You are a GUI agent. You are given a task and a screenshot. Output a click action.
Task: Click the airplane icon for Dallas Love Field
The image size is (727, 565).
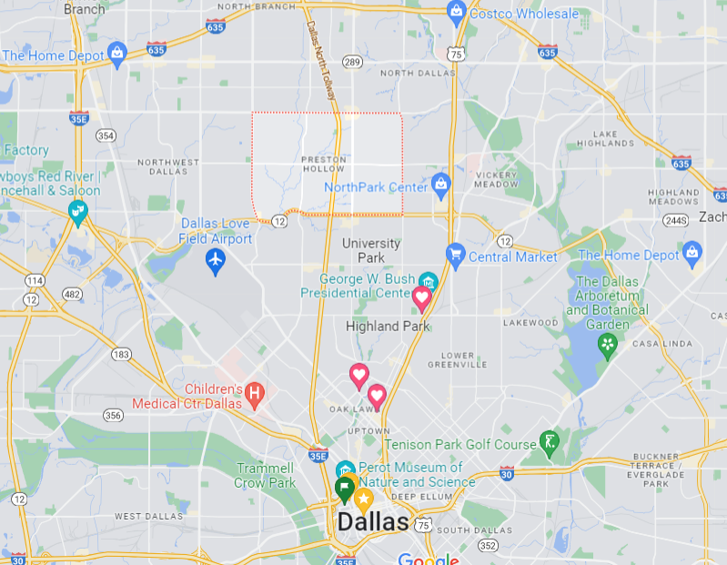pos(216,262)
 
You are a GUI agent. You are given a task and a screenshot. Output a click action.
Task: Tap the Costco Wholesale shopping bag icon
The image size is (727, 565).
pos(457,12)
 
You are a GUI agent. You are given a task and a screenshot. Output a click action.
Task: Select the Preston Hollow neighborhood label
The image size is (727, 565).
pos(324,165)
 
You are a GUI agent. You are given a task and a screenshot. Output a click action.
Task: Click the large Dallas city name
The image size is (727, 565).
pos(373,522)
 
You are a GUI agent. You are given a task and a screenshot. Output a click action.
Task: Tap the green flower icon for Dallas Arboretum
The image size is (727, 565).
pos(606,344)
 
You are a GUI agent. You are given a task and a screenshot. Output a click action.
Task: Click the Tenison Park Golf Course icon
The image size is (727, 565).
pos(549,443)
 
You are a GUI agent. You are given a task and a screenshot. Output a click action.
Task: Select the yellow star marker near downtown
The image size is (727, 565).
pos(363,497)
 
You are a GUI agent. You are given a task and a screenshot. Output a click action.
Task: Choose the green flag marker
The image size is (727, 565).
pos(345,488)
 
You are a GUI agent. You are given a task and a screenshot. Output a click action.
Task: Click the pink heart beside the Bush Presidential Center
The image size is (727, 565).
pos(422,297)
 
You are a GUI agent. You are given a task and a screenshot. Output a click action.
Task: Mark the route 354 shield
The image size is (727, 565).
pos(106,136)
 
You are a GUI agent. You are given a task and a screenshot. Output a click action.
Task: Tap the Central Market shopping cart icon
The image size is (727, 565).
pos(455,255)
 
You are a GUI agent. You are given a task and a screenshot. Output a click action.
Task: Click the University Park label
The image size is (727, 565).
pos(371,250)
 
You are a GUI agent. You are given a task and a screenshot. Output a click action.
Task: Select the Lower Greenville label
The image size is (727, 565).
pos(464,361)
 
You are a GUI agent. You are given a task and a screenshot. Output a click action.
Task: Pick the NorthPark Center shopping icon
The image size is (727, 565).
pos(441,185)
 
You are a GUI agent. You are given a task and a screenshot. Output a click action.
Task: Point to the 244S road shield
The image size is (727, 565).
pos(675,220)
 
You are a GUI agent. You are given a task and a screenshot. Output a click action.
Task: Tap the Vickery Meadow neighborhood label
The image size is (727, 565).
pos(496,178)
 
